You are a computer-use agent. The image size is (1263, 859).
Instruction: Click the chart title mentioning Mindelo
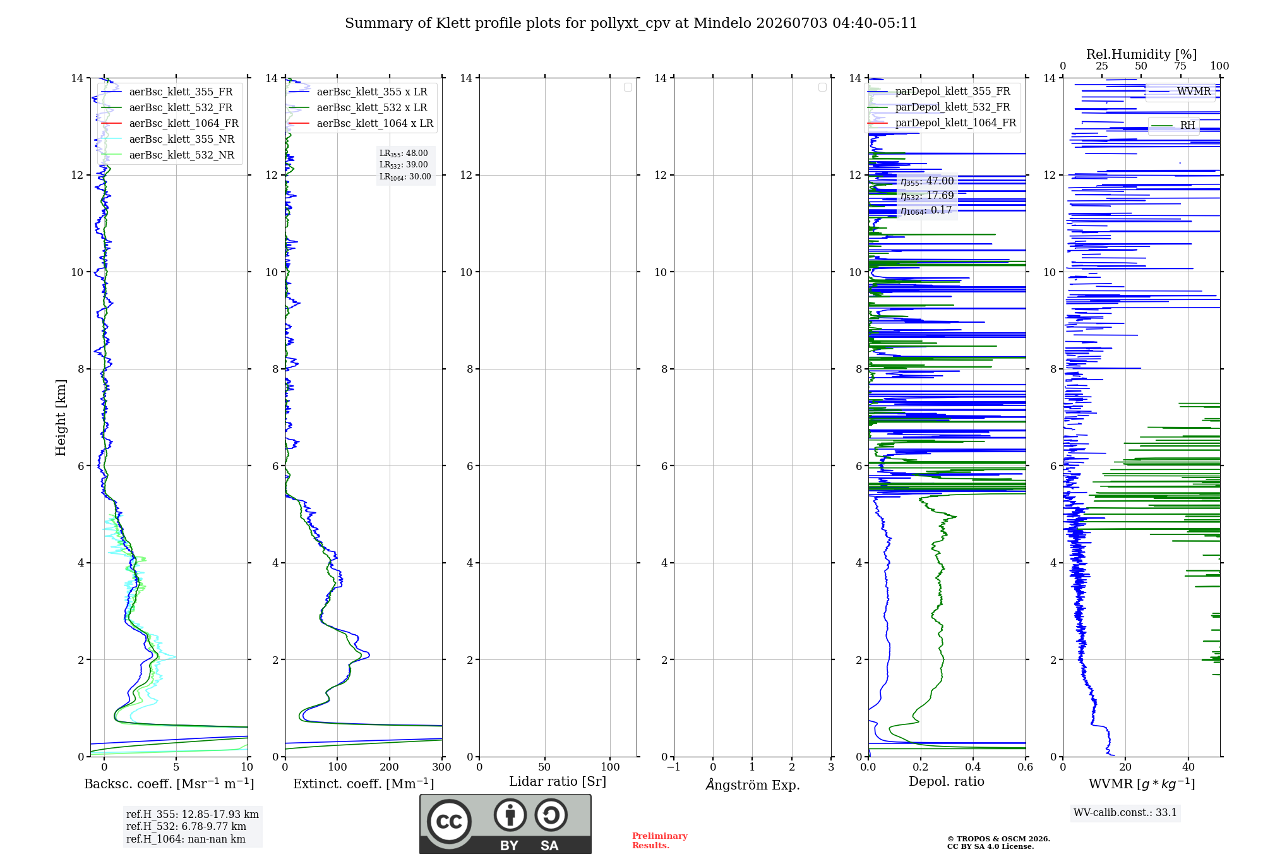coord(631,23)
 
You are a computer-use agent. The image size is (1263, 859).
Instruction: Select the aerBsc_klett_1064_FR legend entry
coord(170,124)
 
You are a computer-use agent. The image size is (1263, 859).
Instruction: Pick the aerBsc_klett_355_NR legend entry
coord(168,140)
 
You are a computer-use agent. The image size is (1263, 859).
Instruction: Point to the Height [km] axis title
coord(61,417)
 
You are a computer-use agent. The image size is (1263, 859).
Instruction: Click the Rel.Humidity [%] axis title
coord(1141,54)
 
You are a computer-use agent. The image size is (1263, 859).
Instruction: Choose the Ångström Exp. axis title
coord(753,784)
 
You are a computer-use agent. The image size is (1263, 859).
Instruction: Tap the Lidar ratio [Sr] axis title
coord(558,782)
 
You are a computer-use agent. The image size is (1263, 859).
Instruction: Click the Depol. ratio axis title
coord(947,782)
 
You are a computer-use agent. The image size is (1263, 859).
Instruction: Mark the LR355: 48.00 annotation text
coord(404,153)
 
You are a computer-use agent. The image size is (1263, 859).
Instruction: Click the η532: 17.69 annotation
coord(927,196)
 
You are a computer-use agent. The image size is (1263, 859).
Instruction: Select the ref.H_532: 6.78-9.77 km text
coord(186,827)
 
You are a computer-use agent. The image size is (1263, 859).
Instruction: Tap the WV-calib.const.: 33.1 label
coord(1125,813)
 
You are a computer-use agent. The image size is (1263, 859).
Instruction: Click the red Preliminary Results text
coord(660,841)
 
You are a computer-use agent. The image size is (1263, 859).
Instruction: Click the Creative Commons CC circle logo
coord(449,822)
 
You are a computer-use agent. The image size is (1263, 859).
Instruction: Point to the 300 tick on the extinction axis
coord(442,767)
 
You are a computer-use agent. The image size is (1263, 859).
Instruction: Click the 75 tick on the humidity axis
coord(1180,66)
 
